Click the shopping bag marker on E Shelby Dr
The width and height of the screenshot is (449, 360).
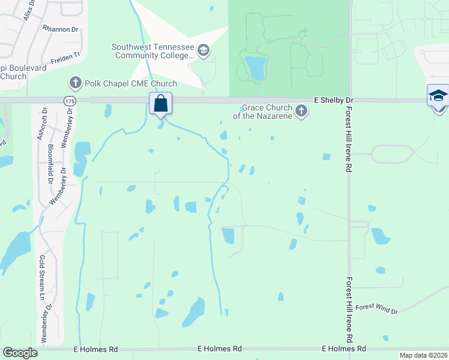tap(161, 103)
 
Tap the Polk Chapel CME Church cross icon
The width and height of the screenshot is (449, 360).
tap(75, 82)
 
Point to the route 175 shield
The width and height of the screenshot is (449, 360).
tap(65, 101)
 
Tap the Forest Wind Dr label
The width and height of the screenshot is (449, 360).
tap(376, 308)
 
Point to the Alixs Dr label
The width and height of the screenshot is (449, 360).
tap(28, 11)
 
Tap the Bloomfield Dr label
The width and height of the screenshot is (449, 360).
tap(50, 166)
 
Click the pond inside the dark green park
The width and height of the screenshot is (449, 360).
tap(257, 67)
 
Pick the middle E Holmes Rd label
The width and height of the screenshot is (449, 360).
tap(220, 349)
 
